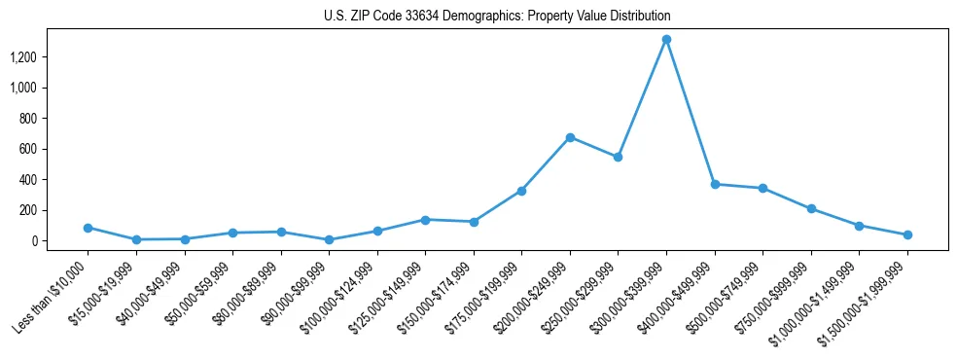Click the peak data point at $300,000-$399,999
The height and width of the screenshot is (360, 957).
tap(666, 40)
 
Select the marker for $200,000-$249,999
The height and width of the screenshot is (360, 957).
tap(570, 137)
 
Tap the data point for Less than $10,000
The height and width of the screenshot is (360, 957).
tap(88, 228)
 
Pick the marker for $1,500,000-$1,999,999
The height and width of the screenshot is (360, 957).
tap(907, 234)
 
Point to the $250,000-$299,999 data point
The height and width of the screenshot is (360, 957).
tap(618, 157)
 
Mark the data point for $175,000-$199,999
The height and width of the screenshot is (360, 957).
tap(521, 191)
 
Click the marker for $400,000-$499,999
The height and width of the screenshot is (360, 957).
tap(715, 184)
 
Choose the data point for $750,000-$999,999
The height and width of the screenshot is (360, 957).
tap(811, 208)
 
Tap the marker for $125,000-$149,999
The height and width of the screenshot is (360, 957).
tap(425, 220)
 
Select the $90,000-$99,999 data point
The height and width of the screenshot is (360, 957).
tap(329, 239)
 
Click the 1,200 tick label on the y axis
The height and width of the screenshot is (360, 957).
tap(22, 57)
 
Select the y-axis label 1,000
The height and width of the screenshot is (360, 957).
tap(22, 88)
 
